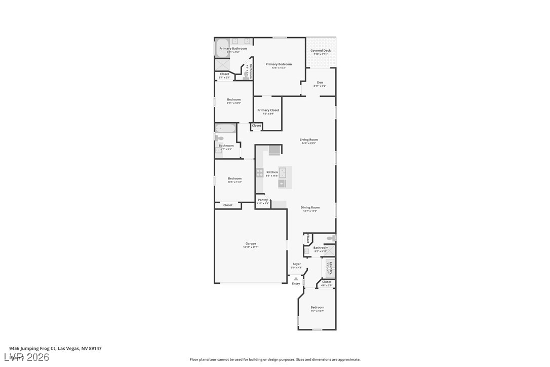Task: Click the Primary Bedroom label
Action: pos(279,64)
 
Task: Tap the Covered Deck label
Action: pos(321,51)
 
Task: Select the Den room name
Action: pos(320,83)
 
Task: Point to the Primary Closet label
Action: pos(268,110)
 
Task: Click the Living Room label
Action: pos(308,139)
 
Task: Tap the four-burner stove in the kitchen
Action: pos(260,173)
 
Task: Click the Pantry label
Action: pos(262,200)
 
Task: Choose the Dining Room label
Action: pos(310,207)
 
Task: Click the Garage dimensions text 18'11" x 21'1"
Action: pos(251,247)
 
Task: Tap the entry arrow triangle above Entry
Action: pos(296,279)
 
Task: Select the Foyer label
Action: pos(297,264)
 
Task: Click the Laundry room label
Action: pos(331,268)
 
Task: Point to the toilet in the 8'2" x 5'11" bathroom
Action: pos(330,238)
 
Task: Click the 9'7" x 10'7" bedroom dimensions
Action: pos(317,311)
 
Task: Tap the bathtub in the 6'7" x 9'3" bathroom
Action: pos(225,129)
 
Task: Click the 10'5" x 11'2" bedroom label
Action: pos(234,178)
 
